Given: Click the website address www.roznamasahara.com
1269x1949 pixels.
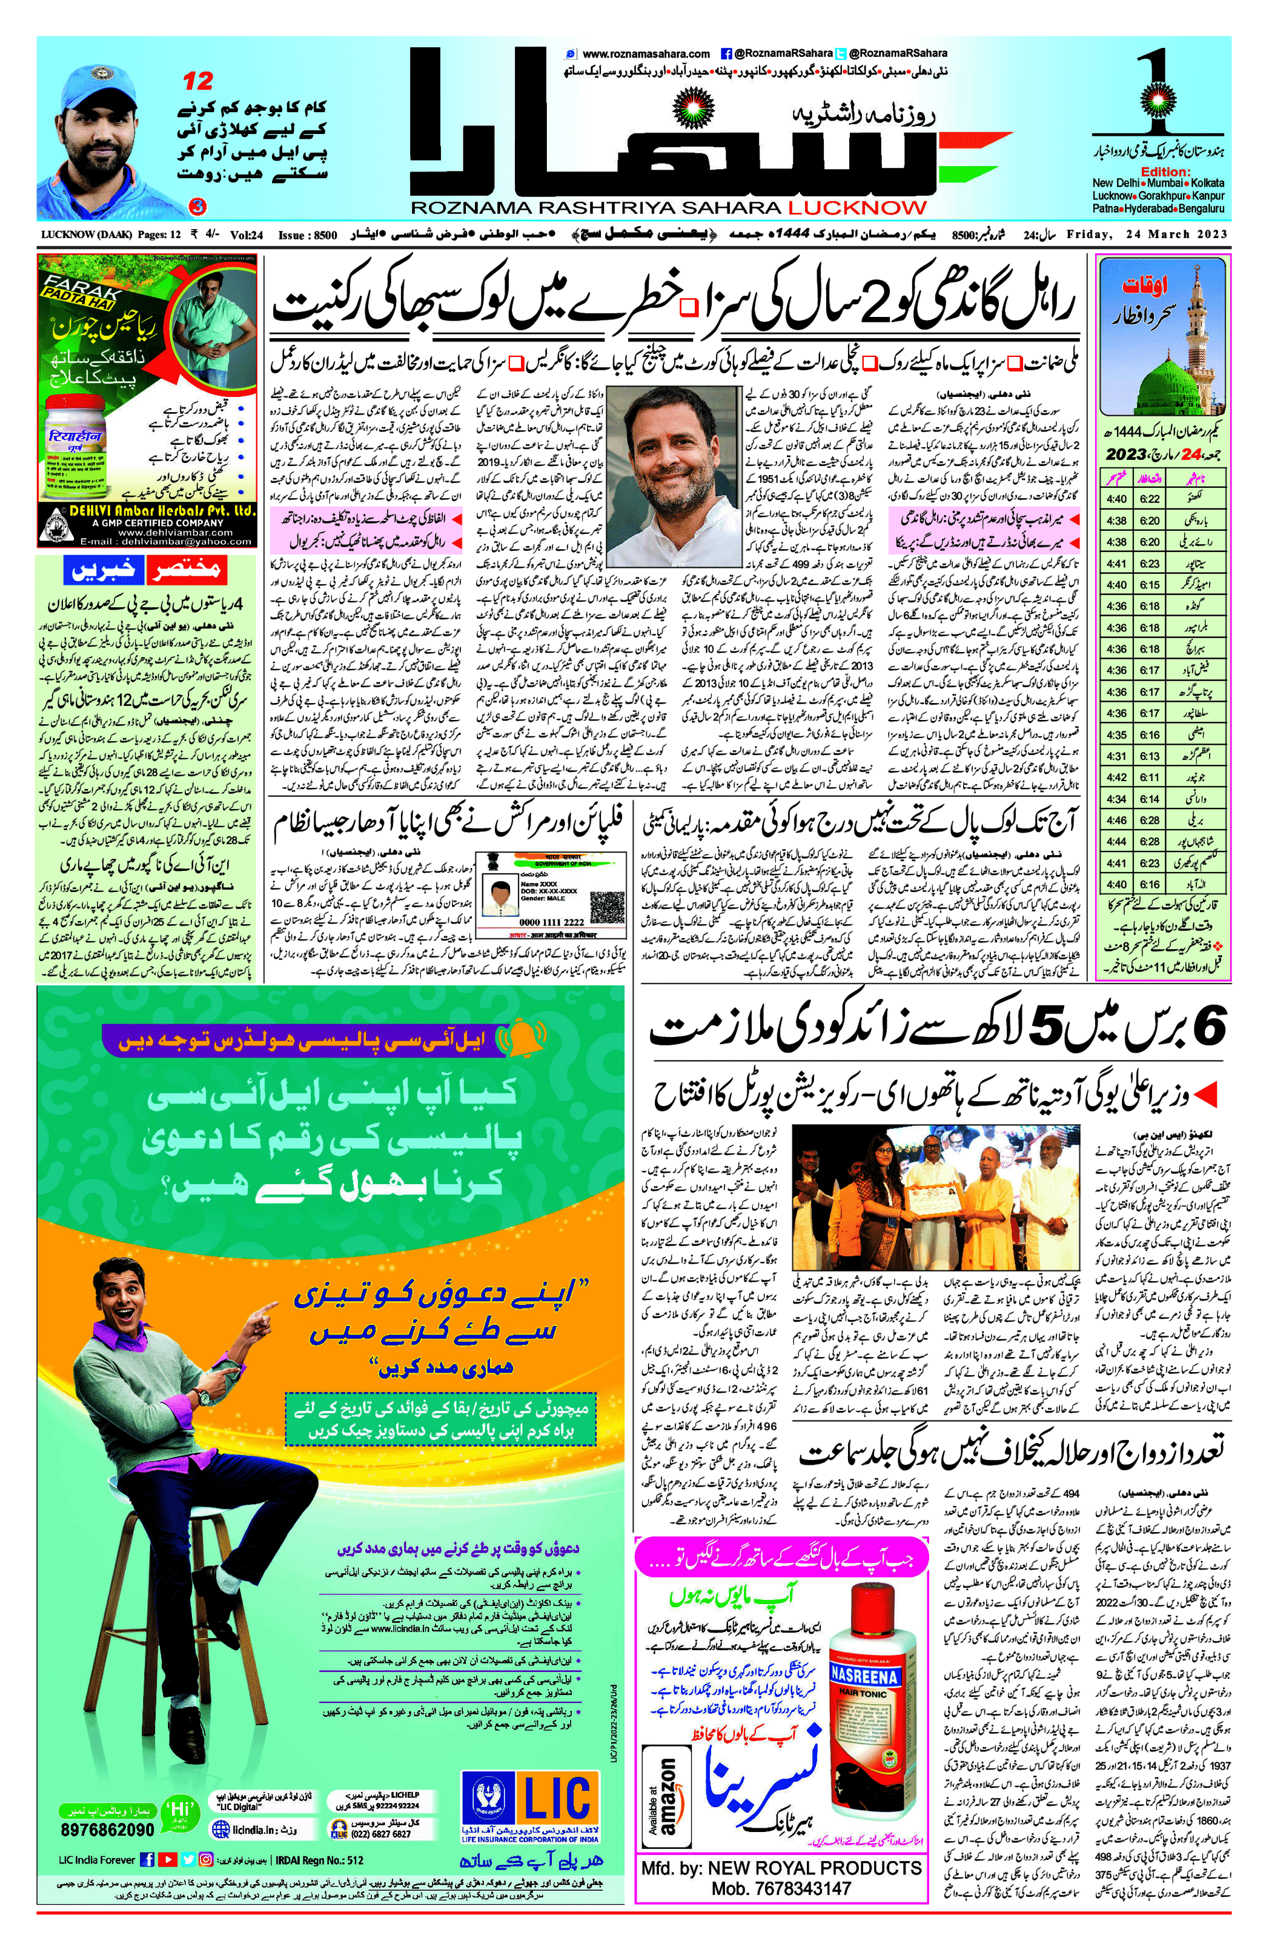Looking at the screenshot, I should pyautogui.click(x=646, y=54).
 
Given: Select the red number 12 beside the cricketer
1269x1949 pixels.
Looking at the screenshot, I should pyautogui.click(x=198, y=81).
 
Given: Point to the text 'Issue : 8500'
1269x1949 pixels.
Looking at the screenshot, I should pyautogui.click(x=307, y=236).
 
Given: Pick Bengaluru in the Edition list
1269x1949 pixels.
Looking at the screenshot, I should pyautogui.click(x=1198, y=209).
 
